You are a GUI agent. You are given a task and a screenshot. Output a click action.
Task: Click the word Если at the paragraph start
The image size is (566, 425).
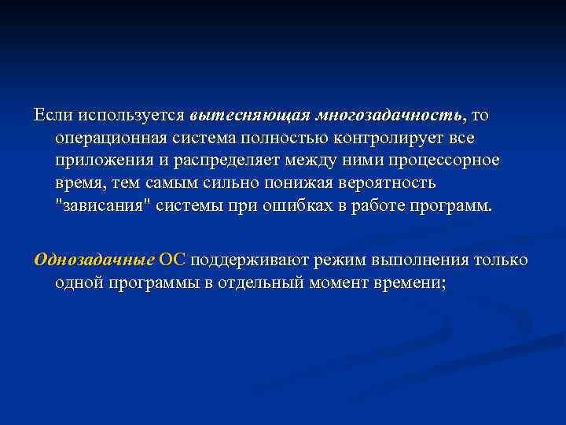pyautogui.click(x=52, y=115)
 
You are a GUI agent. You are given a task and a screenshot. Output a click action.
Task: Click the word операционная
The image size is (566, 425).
pyautogui.click(x=106, y=138)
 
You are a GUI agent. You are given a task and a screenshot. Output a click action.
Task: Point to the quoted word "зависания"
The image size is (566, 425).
pyautogui.click(x=101, y=206)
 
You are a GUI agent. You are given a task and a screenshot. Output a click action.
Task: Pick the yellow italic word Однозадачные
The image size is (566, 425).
pyautogui.click(x=94, y=260)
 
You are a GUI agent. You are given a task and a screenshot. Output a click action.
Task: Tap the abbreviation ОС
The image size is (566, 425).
pyautogui.click(x=172, y=260)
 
